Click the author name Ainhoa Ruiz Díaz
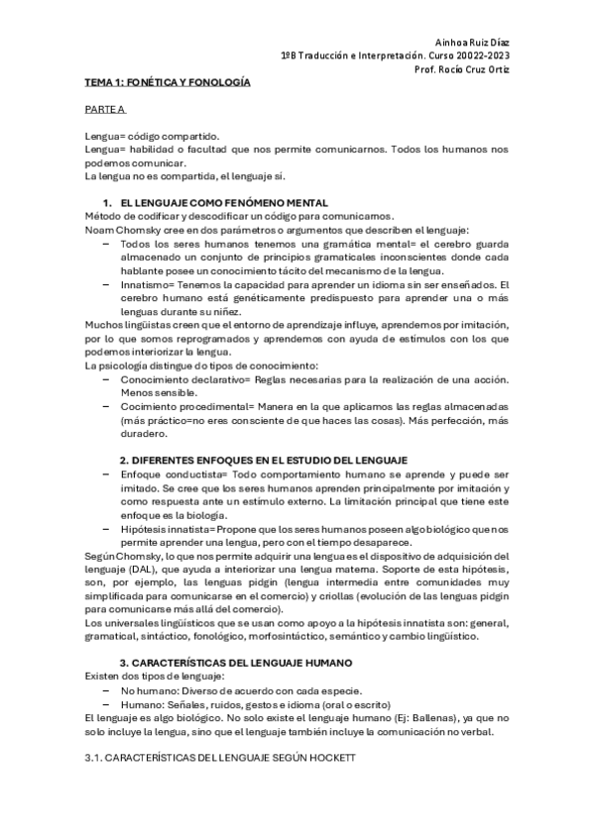472,43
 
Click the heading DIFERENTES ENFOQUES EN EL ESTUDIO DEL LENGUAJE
264,461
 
